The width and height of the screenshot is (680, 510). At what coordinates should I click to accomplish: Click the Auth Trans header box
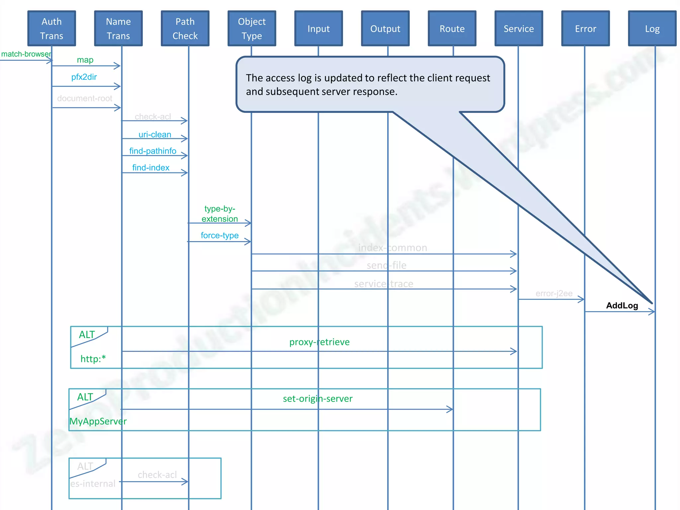[51, 29]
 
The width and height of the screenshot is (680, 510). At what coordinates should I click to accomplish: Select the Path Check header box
[185, 29]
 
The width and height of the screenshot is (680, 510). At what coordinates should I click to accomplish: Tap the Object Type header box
[252, 29]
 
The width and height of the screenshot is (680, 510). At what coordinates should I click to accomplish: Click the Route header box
[452, 29]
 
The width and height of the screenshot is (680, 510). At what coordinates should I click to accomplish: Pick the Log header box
[652, 29]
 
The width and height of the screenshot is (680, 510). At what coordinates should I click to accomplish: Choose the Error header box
[585, 29]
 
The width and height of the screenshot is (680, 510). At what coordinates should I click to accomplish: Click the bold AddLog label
[622, 305]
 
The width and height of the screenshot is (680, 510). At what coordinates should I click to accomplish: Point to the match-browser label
[26, 54]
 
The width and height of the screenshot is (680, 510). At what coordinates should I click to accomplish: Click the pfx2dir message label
[84, 77]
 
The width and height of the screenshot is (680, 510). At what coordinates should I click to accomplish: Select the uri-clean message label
[155, 134]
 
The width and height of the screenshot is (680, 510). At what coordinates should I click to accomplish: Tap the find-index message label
[151, 168]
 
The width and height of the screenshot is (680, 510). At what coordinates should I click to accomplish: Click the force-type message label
[219, 235]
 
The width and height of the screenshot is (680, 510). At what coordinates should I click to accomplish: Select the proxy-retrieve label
[319, 342]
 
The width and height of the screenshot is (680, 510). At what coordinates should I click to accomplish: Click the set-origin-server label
[317, 398]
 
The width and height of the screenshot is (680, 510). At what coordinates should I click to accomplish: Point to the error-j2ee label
[554, 294]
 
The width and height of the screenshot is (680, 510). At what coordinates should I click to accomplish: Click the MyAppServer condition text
[98, 421]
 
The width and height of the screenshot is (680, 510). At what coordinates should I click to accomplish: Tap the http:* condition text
[93, 359]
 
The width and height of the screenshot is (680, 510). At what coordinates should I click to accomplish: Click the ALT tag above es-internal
[85, 466]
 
